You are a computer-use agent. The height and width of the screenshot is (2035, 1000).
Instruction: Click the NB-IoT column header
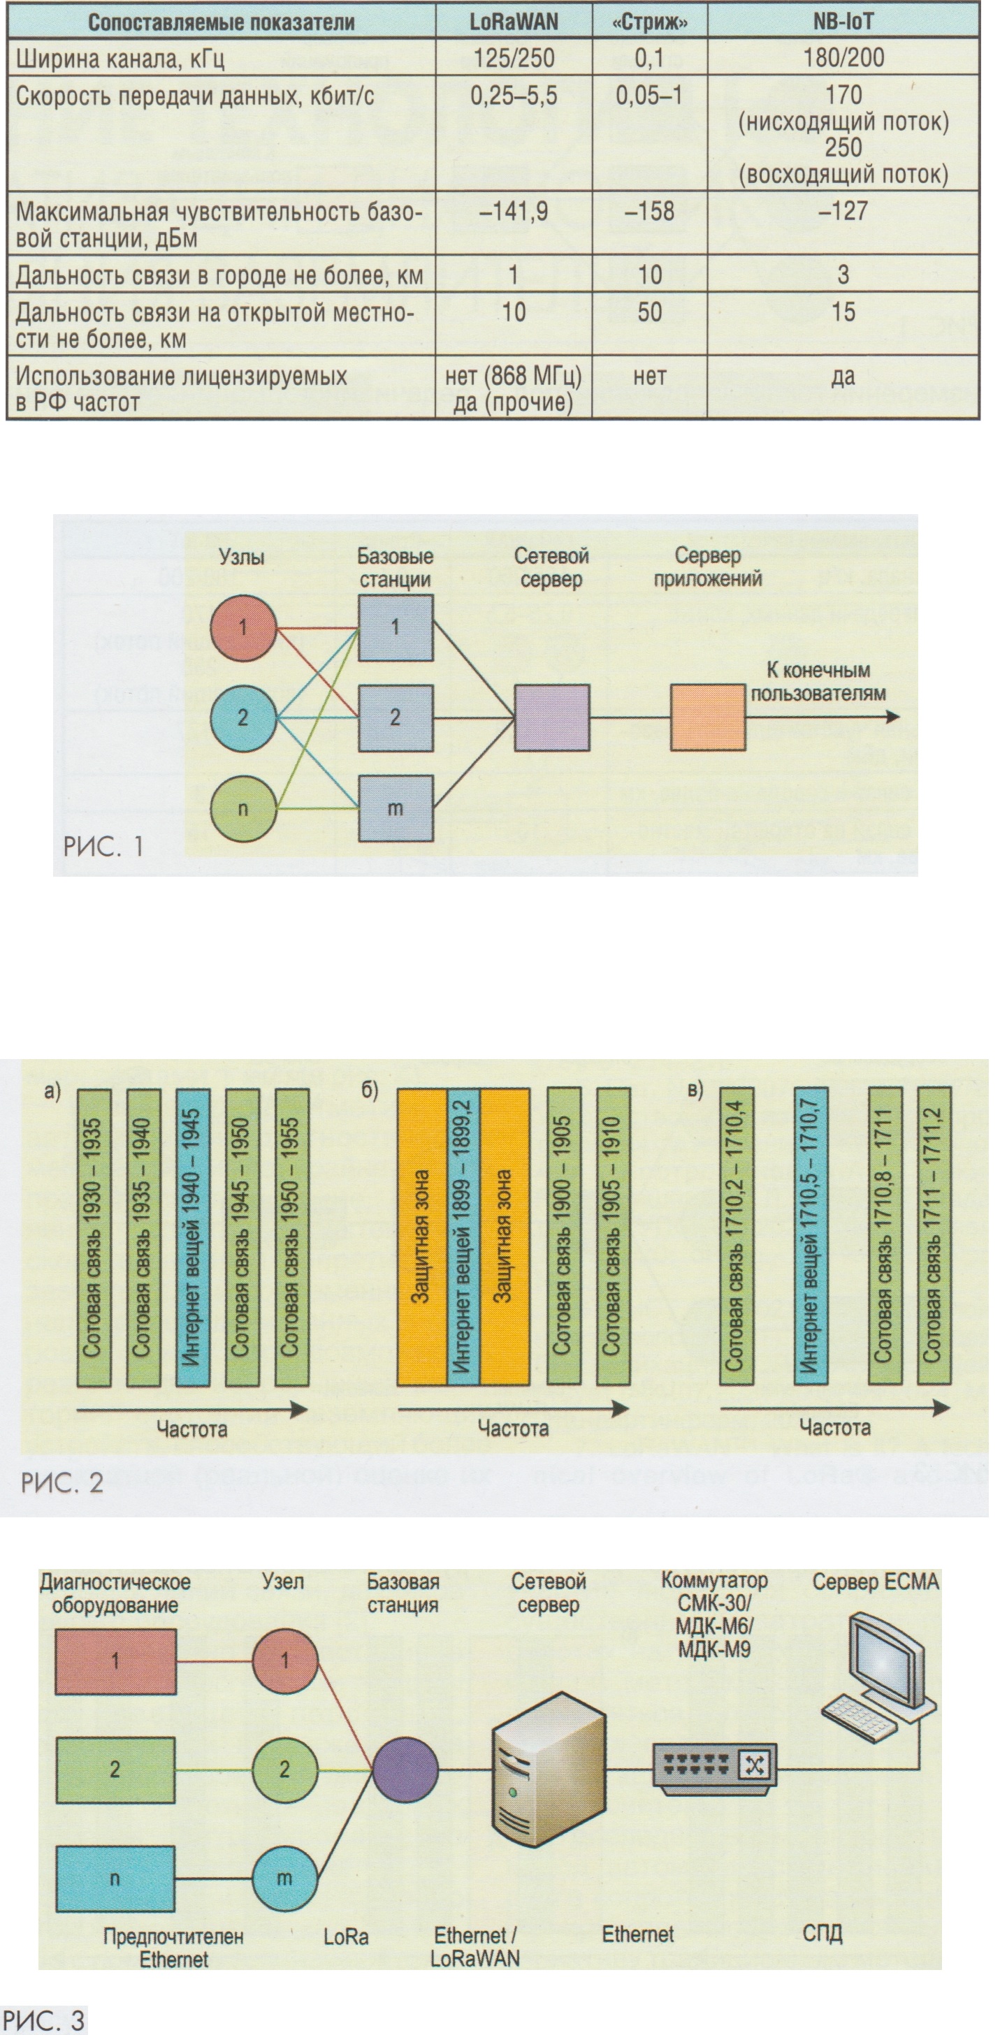843,22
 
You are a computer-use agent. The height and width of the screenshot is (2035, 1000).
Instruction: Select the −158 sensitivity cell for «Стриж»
649,212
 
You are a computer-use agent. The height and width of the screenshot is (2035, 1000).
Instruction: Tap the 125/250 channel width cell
514,58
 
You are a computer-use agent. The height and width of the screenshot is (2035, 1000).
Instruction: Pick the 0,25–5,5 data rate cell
514,96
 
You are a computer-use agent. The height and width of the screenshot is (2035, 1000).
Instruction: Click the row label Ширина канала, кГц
120,59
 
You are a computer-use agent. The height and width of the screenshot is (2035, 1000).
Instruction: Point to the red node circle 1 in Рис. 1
242,628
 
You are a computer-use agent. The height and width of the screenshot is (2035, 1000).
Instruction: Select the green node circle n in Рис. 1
242,808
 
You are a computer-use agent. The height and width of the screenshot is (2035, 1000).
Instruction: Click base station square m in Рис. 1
396,808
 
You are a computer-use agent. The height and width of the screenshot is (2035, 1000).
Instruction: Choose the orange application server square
707,717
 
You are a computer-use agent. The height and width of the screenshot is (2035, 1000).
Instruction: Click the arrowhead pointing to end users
893,717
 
